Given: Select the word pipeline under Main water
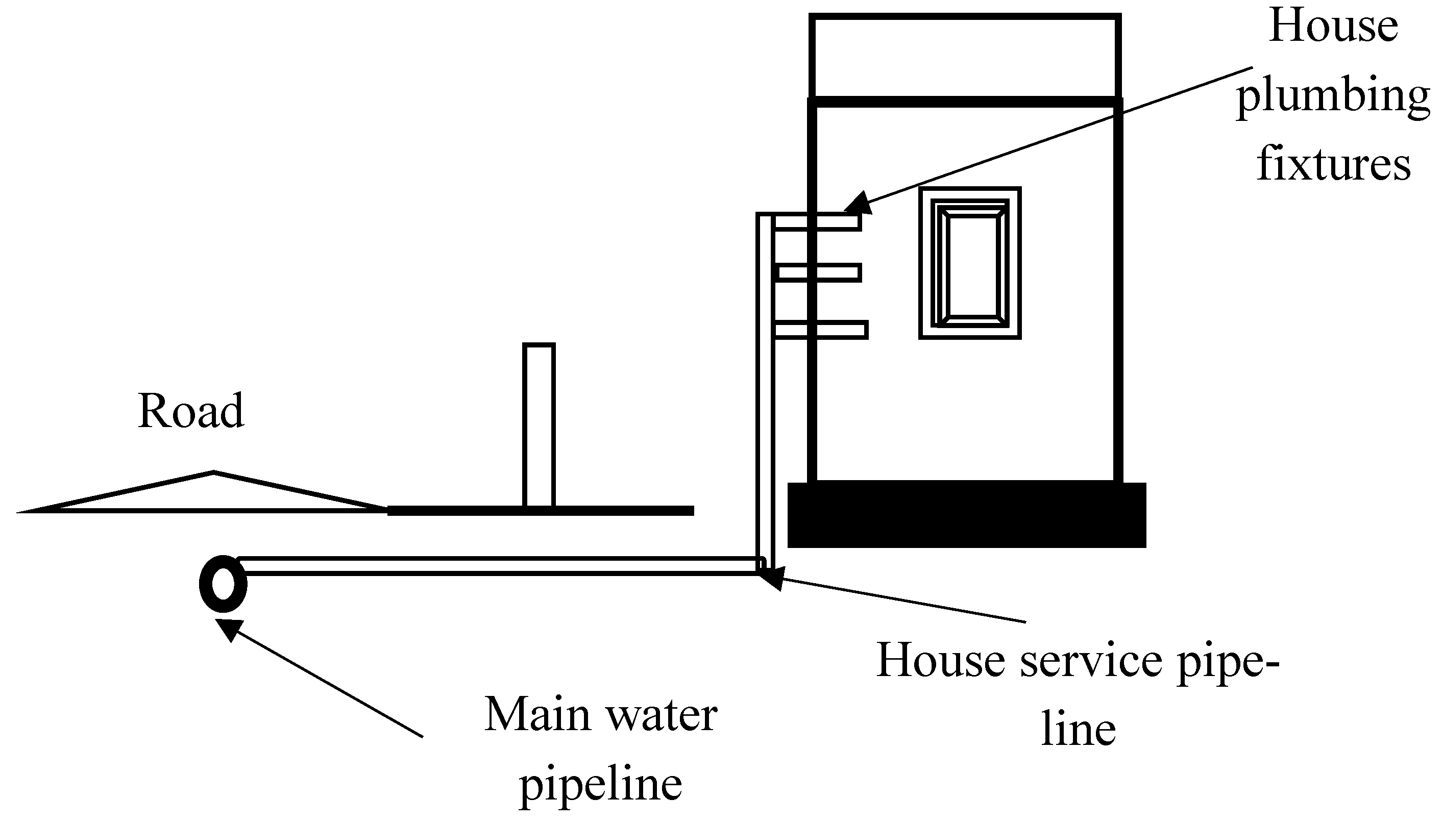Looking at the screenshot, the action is (601, 784).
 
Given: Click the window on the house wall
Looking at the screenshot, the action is (970, 263).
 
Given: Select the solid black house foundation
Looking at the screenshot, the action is (967, 515).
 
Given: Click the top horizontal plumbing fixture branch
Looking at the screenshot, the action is (817, 221).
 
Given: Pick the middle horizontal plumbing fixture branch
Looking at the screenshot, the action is (819, 273).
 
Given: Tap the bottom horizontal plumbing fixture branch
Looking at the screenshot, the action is (820, 330).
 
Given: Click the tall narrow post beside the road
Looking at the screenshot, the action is (539, 425).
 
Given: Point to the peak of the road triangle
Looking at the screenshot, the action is (213, 472).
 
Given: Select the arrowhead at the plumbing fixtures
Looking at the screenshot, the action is (858, 203).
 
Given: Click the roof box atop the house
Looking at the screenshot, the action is (965, 57).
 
